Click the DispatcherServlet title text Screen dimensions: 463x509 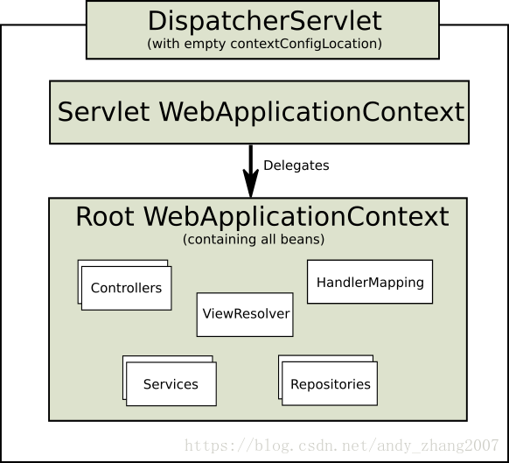[x=265, y=21]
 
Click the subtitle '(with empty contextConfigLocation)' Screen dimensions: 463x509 [x=265, y=43]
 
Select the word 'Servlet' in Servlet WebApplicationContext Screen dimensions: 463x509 [x=104, y=112]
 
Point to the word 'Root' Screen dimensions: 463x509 [x=105, y=216]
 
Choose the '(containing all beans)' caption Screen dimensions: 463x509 [x=254, y=239]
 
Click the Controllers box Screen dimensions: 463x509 [x=127, y=288]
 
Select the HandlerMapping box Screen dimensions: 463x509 [x=370, y=283]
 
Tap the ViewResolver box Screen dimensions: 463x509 [x=246, y=313]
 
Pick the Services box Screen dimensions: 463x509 [x=171, y=384]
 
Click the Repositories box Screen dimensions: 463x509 [x=330, y=384]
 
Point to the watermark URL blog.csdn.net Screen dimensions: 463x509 [x=289, y=445]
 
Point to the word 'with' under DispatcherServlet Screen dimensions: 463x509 [x=164, y=43]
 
